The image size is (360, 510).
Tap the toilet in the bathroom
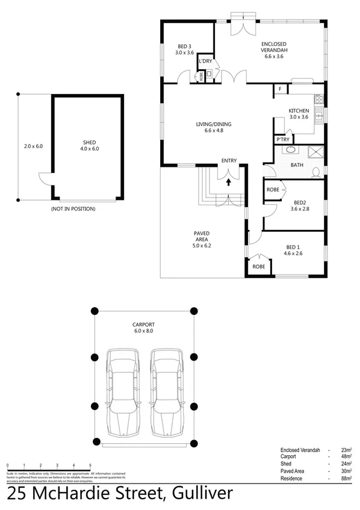pos(315,173)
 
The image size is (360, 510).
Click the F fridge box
pos(280,90)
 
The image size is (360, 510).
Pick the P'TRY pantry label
pos(282,140)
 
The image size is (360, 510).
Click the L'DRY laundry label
pos(205,62)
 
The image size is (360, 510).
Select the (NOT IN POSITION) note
pos(73,208)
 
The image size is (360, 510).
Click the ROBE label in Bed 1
pos(259,266)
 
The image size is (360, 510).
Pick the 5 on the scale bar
pos(90,466)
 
